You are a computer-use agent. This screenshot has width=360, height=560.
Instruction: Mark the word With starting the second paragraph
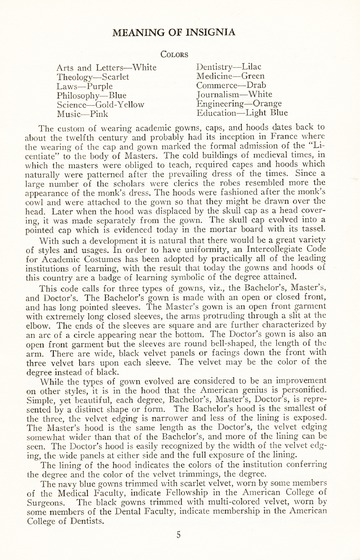(x=59, y=243)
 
